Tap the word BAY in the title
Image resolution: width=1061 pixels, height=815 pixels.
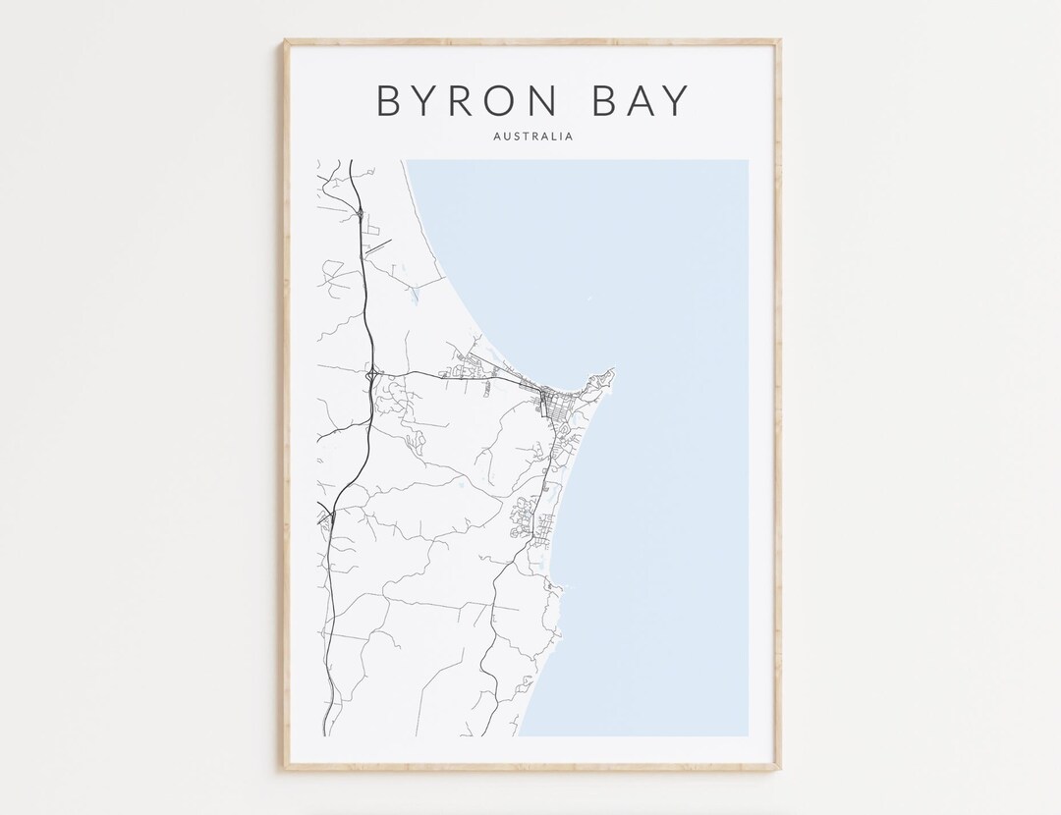(x=637, y=101)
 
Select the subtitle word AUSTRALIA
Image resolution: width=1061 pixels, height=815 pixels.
(x=533, y=136)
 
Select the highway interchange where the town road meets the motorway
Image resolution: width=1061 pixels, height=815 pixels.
(x=372, y=374)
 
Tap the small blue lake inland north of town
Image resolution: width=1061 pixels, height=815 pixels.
(x=416, y=292)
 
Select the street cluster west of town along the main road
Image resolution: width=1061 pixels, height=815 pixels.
(x=462, y=372)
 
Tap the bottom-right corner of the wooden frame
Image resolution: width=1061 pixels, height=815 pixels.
(x=780, y=768)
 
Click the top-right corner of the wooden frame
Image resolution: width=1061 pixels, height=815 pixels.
(x=780, y=41)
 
